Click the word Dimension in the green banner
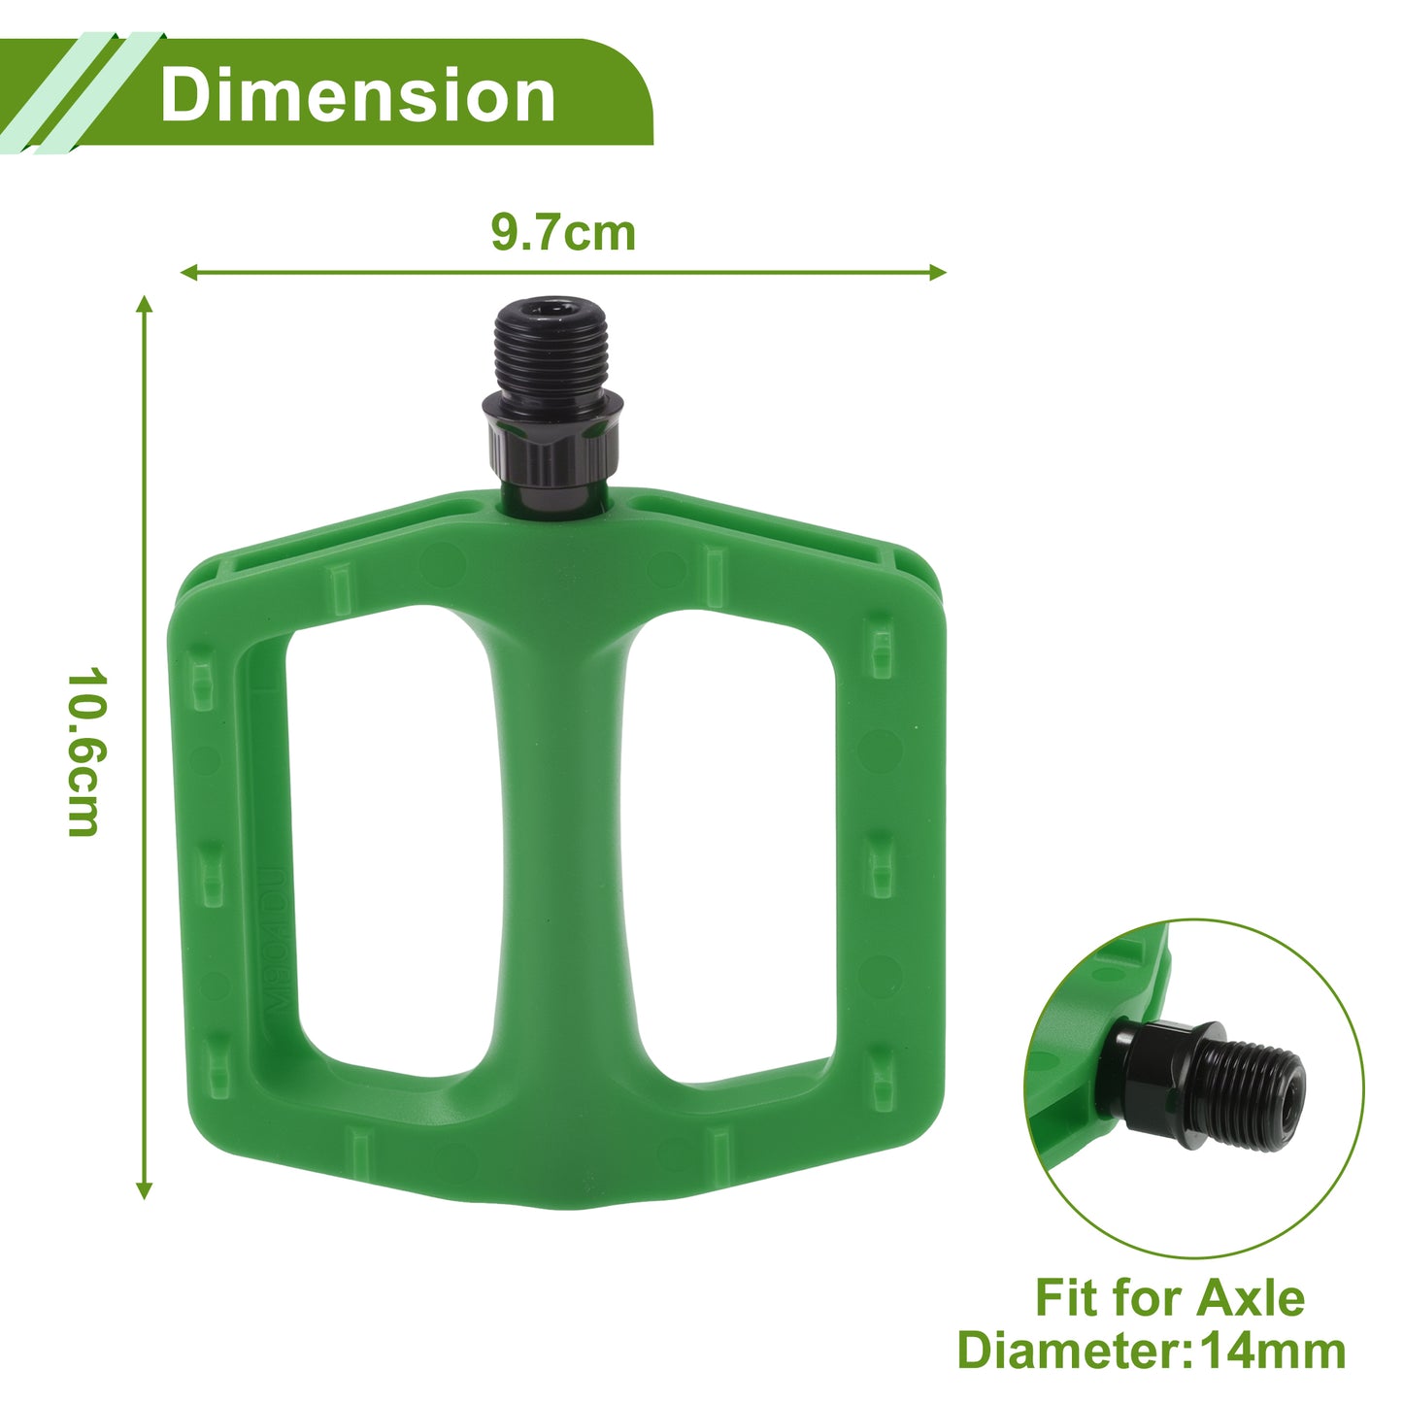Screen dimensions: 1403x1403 point(358,95)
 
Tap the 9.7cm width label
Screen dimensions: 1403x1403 point(563,233)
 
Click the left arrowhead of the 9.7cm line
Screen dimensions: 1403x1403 point(188,273)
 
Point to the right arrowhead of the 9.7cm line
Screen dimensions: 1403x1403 point(938,273)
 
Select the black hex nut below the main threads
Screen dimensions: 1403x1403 point(552,437)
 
